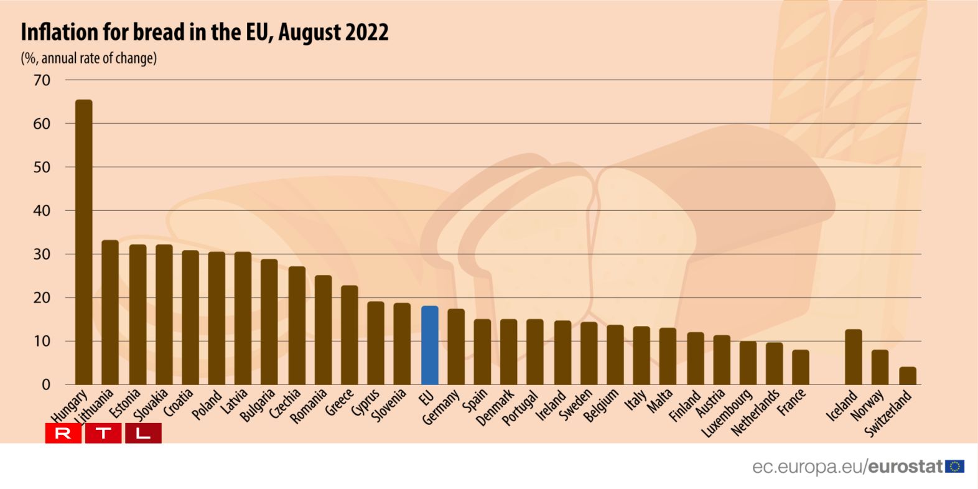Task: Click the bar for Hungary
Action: [x=83, y=242]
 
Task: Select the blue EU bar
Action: [x=430, y=345]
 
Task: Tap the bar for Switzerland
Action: [x=908, y=376]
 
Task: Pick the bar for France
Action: [x=801, y=367]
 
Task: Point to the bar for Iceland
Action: [x=854, y=357]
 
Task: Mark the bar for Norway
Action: [x=880, y=367]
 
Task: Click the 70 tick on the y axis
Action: [x=42, y=80]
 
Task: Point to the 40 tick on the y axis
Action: [x=42, y=211]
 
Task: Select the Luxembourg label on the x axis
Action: [x=727, y=414]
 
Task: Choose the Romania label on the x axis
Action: [x=309, y=406]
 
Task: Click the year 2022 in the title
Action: [x=367, y=32]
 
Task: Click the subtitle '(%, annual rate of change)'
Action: [x=89, y=58]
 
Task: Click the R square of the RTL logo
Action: [x=63, y=433]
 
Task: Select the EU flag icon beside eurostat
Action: [x=955, y=466]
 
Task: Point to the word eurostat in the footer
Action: [x=906, y=467]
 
